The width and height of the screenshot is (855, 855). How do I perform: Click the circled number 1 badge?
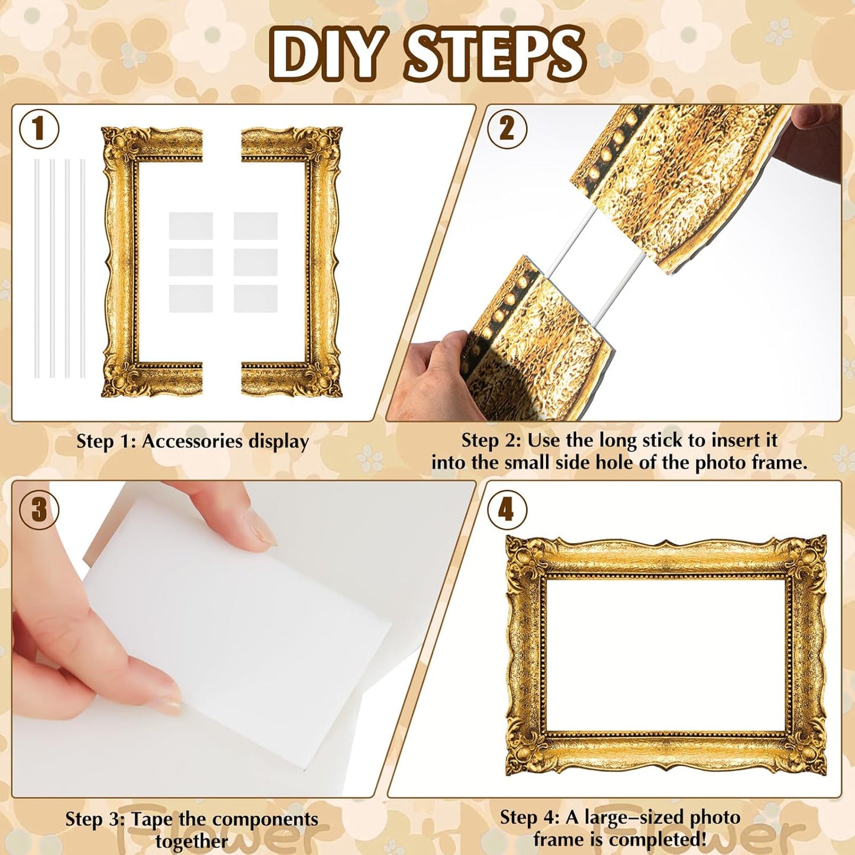pos(39,129)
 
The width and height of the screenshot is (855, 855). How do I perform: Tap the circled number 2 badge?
pos(506,128)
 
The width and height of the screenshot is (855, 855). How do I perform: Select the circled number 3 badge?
pos(39,509)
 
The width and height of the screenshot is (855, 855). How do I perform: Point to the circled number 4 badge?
pos(506,509)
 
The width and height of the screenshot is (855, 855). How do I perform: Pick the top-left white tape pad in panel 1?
pos(191,225)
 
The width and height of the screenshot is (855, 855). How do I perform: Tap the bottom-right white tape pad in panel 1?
pos(256,298)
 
